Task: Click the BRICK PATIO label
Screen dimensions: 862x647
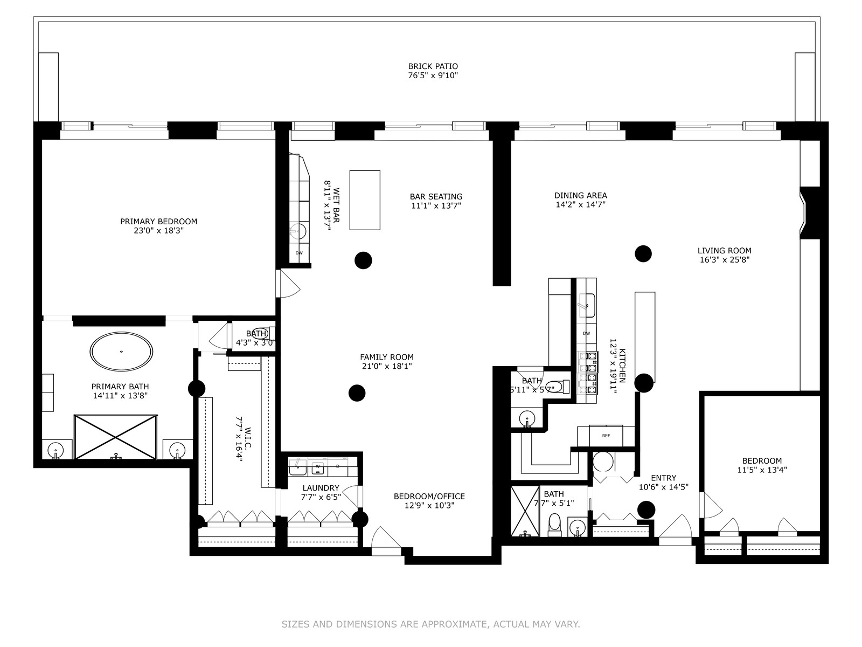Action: click(x=433, y=66)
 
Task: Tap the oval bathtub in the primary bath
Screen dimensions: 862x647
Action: click(x=121, y=352)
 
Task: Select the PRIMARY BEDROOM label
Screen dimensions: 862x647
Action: click(x=158, y=222)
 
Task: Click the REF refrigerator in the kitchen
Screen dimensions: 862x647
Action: click(x=606, y=436)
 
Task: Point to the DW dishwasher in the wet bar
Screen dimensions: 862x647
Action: click(x=299, y=253)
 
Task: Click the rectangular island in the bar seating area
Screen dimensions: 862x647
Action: click(x=365, y=200)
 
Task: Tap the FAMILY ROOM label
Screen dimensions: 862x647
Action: click(x=387, y=357)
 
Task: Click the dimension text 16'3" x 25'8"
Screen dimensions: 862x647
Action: click(x=725, y=260)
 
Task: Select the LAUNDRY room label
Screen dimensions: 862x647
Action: click(x=321, y=488)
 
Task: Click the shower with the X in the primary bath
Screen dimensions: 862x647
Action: click(x=116, y=437)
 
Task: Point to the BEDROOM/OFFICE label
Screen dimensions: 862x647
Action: click(x=429, y=496)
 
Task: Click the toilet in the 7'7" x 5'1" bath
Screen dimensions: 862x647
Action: click(x=554, y=525)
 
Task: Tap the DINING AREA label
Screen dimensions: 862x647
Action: click(x=580, y=195)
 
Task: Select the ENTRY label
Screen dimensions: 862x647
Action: click(x=664, y=478)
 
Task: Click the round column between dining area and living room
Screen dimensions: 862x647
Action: click(x=643, y=254)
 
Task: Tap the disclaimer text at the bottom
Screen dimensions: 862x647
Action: click(x=431, y=624)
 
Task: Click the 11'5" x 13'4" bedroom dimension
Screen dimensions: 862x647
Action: click(x=762, y=470)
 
